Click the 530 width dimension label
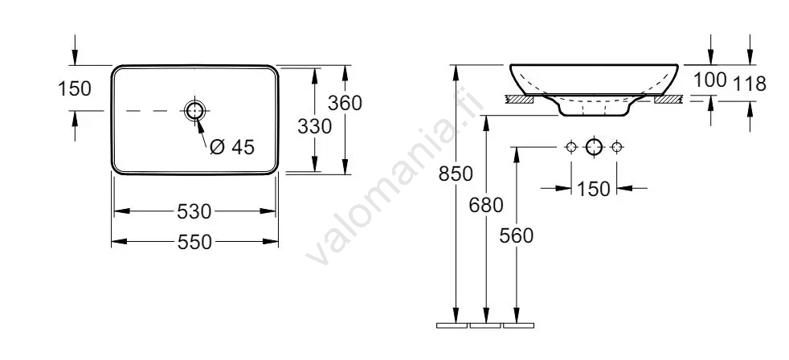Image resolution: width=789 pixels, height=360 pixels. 194,211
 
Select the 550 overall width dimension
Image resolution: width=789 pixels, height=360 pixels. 194,242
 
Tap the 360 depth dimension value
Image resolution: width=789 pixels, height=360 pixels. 345,103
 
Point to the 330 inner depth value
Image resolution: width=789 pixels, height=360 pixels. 314,126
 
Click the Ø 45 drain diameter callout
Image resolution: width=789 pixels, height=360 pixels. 232,147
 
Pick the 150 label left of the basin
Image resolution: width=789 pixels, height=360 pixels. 75,88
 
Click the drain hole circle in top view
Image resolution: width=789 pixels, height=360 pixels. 194,110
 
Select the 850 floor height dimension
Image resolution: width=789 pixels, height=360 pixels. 456,174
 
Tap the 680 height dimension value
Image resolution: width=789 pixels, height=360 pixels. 486,205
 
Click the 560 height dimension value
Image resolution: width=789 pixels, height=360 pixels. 517,235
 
